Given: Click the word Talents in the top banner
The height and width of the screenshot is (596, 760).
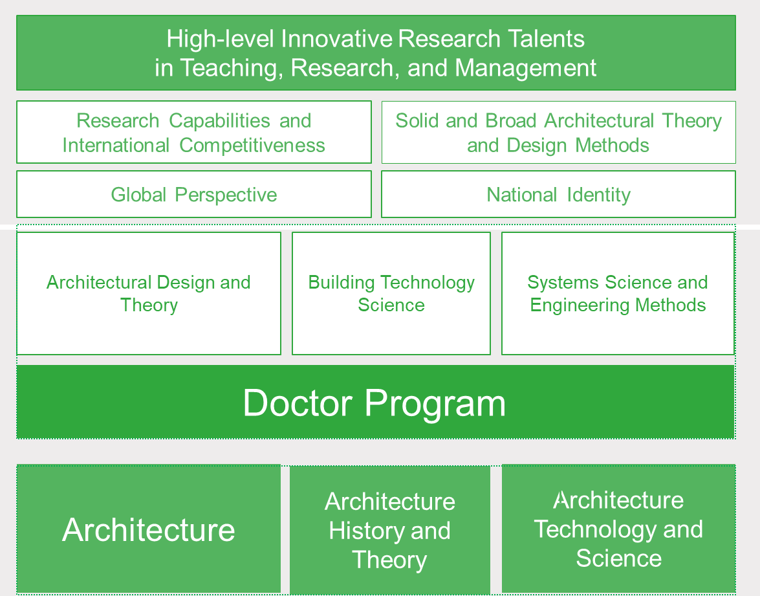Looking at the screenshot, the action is coord(546,39).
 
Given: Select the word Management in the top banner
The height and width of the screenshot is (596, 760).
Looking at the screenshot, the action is coord(526,67).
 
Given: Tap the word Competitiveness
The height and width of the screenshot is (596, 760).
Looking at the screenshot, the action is coord(252,146).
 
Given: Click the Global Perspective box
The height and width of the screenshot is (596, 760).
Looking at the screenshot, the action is coord(194,194).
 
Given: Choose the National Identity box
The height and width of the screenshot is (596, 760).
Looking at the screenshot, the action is coord(558,194).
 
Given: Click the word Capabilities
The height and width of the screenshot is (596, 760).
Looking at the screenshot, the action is coord(219,121).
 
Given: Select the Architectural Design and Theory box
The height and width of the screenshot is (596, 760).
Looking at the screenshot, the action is coord(149,293).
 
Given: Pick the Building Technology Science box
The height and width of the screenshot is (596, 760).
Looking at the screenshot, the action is coord(391,293).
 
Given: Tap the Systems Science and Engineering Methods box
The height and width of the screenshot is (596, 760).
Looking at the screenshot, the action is coord(618,293).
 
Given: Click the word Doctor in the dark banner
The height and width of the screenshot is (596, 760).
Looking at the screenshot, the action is coord(298,403).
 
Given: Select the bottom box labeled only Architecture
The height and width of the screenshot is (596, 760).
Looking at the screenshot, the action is coord(149,529).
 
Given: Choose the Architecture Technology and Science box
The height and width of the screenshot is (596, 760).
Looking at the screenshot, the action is coord(618,529).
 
